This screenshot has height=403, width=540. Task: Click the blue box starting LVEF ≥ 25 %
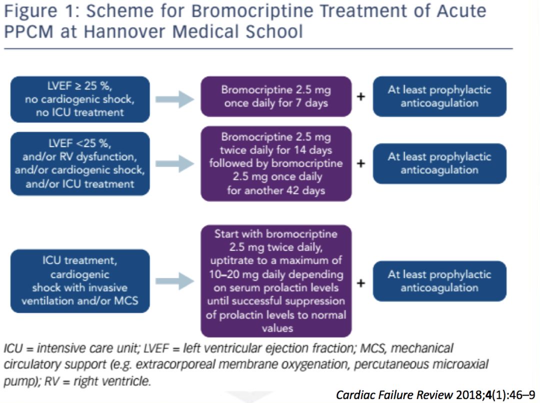pos(79,99)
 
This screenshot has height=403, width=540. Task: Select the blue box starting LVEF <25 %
pos(79,163)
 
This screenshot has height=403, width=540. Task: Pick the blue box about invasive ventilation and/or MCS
pos(79,281)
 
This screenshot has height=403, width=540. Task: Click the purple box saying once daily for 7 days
pos(276,96)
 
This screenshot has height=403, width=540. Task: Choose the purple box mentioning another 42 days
pos(276,163)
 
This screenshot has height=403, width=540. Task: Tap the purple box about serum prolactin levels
pos(276,281)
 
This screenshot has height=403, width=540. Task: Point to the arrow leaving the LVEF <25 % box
pos(174,163)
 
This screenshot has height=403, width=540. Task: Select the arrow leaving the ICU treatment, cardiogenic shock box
pos(174,281)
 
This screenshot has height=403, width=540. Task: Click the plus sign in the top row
pos(360,96)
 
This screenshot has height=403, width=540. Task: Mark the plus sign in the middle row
pos(360,163)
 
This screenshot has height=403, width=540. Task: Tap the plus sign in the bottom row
pos(360,282)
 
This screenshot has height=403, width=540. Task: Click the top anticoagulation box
pos(439,96)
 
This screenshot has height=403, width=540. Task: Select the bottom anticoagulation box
pos(439,281)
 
